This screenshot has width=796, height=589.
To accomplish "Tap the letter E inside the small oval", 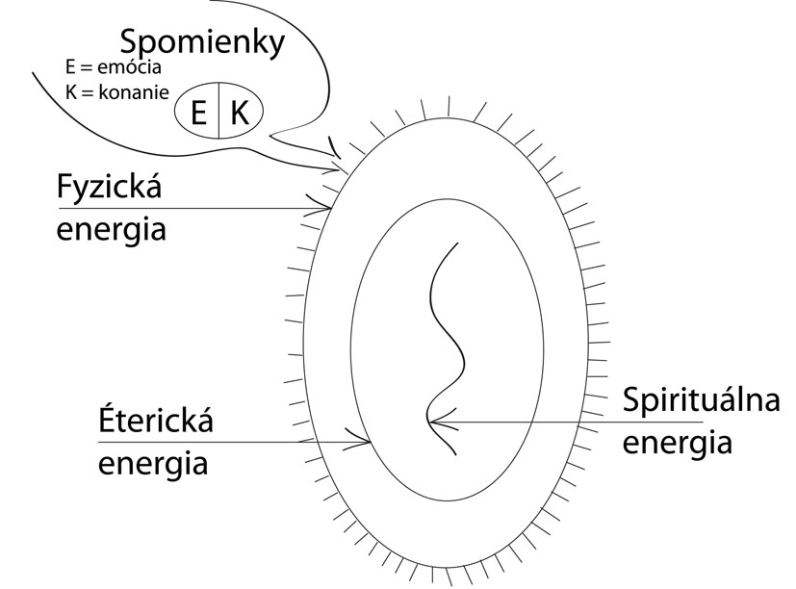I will [200, 114].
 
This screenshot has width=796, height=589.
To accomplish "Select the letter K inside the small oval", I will [240, 114].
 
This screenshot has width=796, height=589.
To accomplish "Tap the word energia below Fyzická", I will [111, 230].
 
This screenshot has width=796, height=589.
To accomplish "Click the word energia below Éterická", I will [154, 464].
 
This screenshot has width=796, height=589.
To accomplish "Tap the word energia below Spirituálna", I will [677, 443].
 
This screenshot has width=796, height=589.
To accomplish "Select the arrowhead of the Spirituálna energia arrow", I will [434, 422].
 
